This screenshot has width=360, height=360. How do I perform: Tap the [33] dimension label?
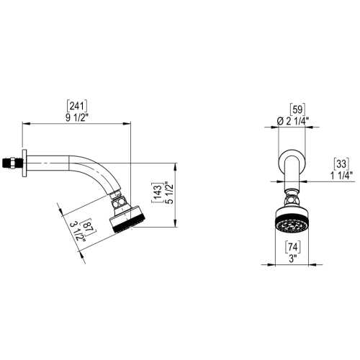click(x=342, y=163)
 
